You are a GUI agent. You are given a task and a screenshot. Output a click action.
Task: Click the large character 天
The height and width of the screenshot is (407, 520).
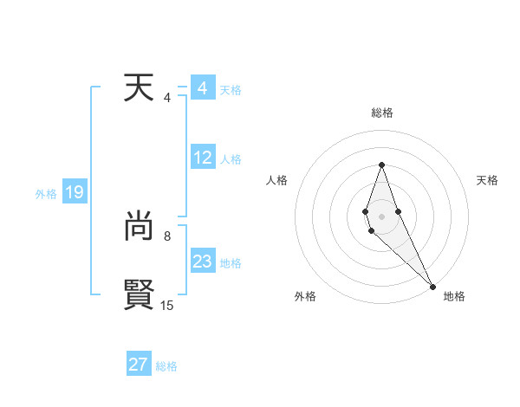pyautogui.click(x=139, y=88)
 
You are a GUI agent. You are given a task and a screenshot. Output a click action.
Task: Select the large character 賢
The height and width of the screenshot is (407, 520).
pyautogui.click(x=139, y=294)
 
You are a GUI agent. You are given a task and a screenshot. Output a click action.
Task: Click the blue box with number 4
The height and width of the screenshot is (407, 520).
pyautogui.click(x=202, y=88)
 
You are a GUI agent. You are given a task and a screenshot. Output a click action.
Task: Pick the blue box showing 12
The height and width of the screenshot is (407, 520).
pyautogui.click(x=203, y=158)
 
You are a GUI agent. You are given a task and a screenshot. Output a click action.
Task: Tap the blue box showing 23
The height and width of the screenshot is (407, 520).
pyautogui.click(x=203, y=262)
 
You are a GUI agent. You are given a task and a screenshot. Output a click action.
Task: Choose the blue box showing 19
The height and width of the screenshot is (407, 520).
pyautogui.click(x=75, y=192)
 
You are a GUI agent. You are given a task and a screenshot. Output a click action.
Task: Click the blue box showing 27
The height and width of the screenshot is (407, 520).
pyautogui.click(x=139, y=365)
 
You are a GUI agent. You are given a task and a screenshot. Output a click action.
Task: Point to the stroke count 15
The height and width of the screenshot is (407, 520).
pyautogui.click(x=167, y=305)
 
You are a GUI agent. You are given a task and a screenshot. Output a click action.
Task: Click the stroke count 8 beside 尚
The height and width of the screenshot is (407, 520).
pyautogui.click(x=167, y=236)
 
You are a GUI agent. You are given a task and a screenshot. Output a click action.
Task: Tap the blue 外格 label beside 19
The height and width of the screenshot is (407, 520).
pyautogui.click(x=46, y=194)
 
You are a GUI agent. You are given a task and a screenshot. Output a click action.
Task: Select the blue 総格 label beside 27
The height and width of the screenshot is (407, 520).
pyautogui.click(x=166, y=366)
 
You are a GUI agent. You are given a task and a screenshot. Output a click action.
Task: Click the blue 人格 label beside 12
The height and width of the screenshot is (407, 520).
pyautogui.click(x=231, y=159)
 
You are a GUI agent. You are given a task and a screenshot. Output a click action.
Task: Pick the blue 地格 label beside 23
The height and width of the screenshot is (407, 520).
pyautogui.click(x=231, y=263)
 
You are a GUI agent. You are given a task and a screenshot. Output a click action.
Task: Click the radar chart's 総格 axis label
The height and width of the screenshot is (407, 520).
pyautogui.click(x=382, y=113)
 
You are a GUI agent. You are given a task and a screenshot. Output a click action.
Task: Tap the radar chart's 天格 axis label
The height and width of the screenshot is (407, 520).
pyautogui.click(x=487, y=180)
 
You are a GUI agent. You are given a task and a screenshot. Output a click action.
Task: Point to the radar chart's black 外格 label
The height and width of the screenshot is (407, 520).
pyautogui.click(x=305, y=296)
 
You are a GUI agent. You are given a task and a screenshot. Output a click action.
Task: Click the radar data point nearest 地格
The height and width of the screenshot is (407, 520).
pyautogui.click(x=432, y=286)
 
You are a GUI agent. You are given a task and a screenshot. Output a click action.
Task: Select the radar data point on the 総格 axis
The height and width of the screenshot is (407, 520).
pyautogui.click(x=381, y=165)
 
